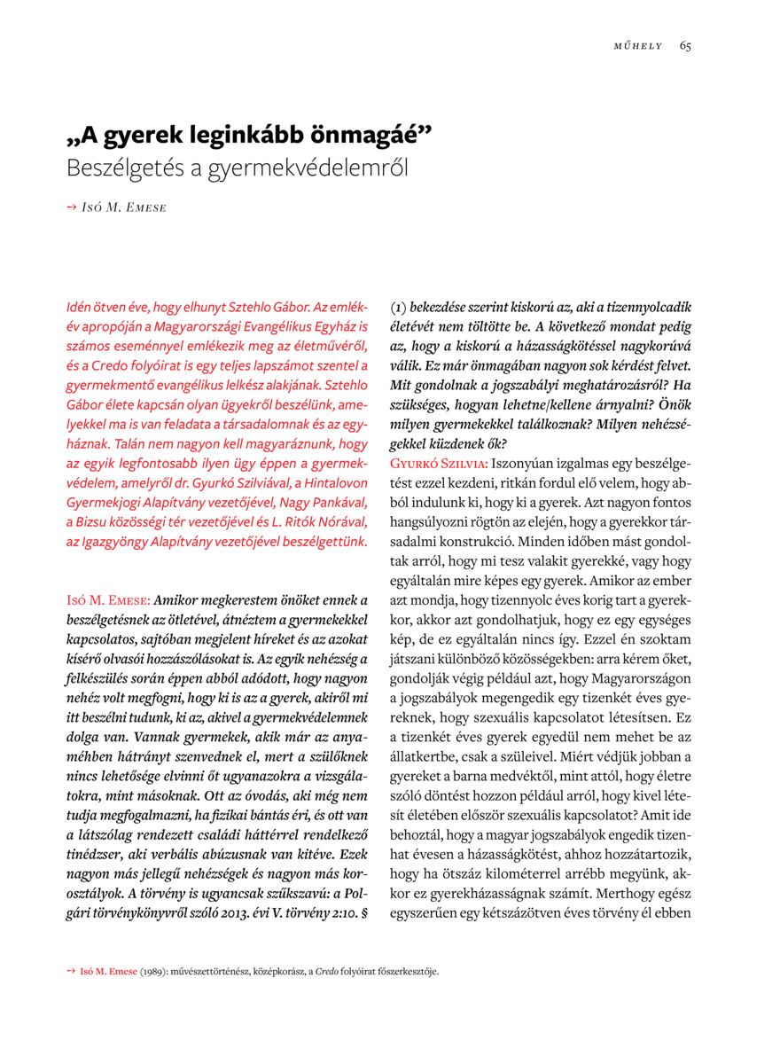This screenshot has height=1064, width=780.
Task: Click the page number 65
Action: coord(685,46)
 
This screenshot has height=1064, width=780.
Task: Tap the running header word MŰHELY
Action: coord(638,46)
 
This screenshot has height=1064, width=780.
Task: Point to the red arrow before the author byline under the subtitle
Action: coord(71,207)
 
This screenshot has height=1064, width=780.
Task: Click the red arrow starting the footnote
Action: coord(71,970)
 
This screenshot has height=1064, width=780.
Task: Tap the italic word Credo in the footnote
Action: coord(331,971)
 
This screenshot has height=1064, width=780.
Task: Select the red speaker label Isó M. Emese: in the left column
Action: coord(108,600)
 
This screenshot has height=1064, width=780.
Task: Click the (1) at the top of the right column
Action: coord(399,307)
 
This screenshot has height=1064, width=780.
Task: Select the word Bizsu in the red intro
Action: coord(90,521)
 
